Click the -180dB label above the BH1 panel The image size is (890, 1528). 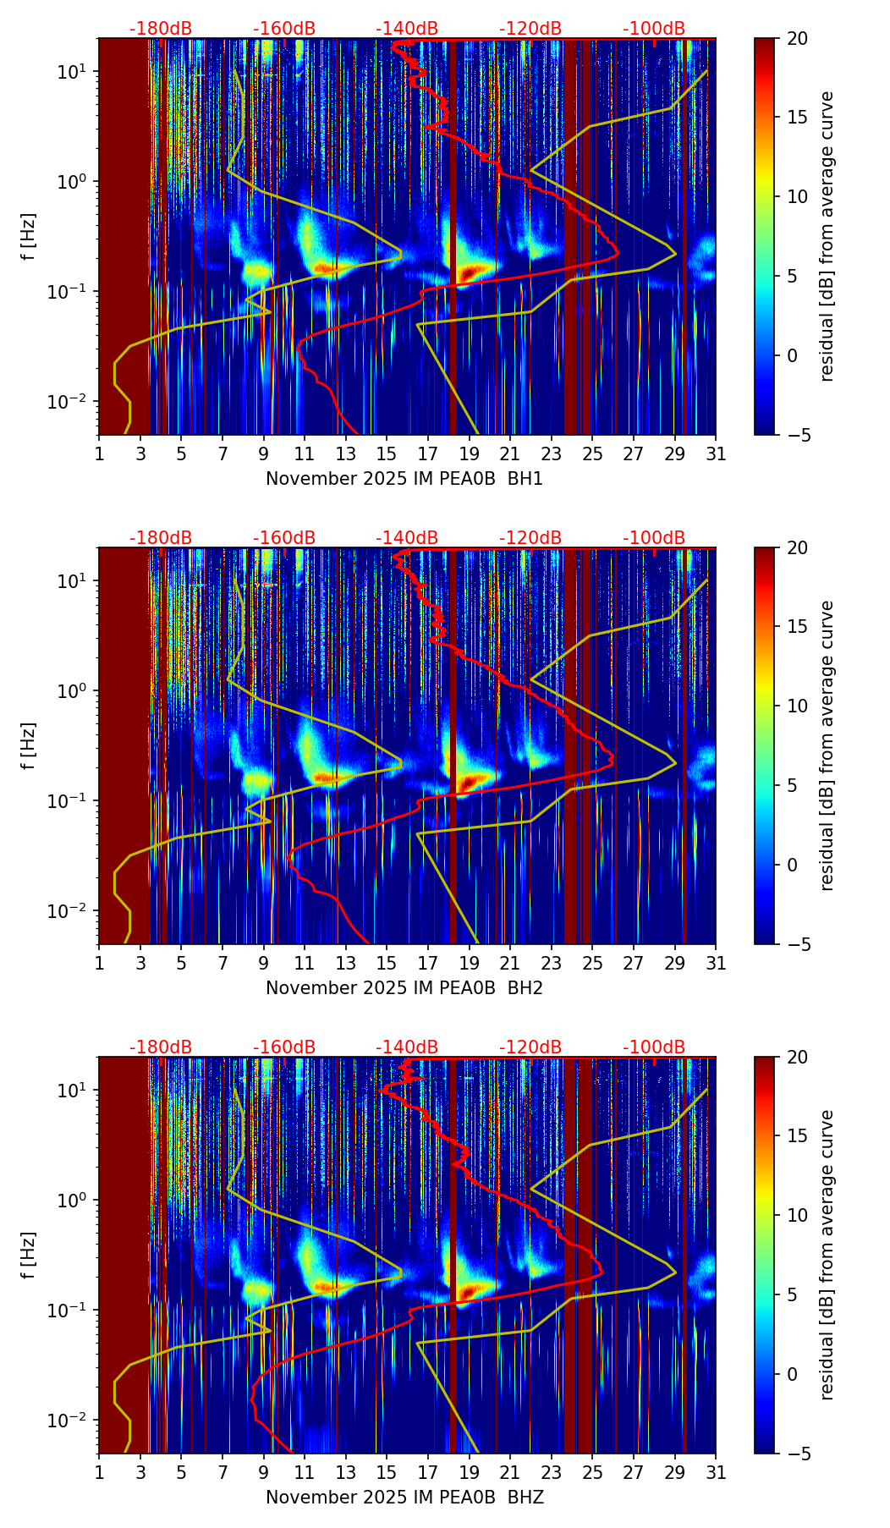click(161, 29)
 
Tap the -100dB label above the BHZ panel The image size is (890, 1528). click(654, 1047)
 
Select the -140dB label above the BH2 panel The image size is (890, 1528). click(407, 538)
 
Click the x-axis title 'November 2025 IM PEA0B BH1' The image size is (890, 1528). click(404, 479)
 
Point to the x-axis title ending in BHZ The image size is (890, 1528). click(404, 1498)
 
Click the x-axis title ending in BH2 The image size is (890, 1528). click(404, 988)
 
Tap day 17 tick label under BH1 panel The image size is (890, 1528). click(428, 454)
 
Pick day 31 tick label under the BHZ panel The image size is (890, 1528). click(716, 1473)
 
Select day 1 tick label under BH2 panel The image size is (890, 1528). click(99, 964)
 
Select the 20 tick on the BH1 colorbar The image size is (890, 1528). click(797, 39)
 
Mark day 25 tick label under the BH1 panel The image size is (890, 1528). click(592, 454)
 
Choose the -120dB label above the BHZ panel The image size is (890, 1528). click(530, 1047)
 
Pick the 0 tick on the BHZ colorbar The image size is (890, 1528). click(793, 1374)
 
